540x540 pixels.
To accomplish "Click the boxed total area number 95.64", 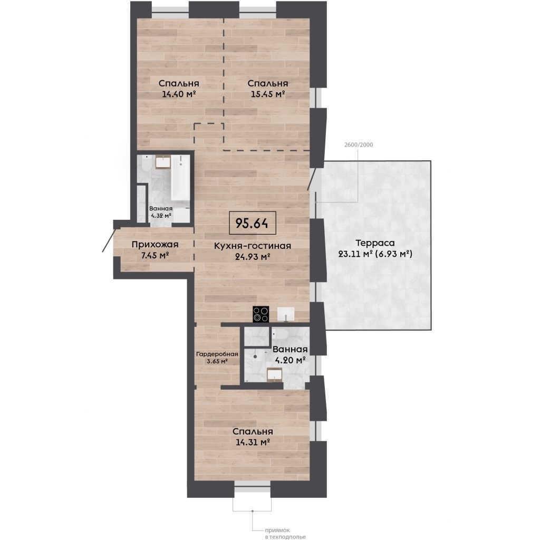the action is coord(252,223).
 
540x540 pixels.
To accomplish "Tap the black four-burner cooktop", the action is coord(261,314).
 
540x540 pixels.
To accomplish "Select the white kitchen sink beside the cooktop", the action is coord(285,314).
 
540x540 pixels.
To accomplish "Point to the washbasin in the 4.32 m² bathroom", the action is coord(163,162).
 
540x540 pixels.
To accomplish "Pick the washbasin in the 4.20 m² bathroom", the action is coord(275,375).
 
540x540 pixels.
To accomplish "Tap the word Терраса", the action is coord(375,243).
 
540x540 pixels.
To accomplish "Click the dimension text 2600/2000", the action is coord(359,144).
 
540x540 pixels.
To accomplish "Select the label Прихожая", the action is coord(155,245).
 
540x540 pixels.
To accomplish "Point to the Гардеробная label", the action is coord(217,354).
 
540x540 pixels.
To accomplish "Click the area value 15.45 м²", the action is coord(267,94).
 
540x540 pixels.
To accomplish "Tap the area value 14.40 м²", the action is coord(179,94).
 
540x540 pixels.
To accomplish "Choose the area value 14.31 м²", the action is coord(253,442).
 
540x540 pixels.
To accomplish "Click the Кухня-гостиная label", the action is coord(253,246).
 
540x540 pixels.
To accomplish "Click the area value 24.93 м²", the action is coord(253,257).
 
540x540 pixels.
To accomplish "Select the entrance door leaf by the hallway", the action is coord(109,240).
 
